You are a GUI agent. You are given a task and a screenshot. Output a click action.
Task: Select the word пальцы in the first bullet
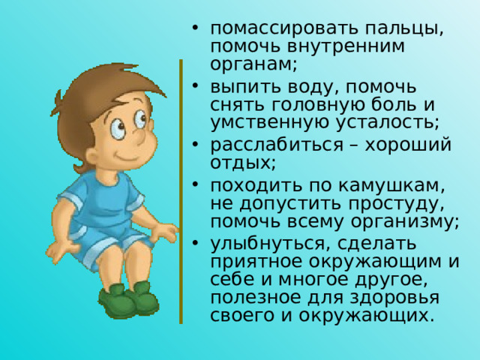[x=403, y=28]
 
